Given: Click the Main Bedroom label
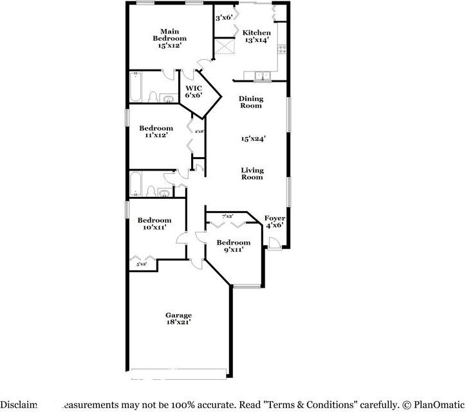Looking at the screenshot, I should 169,39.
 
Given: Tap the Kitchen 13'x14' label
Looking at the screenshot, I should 256,36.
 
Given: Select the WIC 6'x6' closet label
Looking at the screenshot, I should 194,91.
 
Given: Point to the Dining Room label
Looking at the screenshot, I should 250,102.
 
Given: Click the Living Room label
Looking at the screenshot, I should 252,174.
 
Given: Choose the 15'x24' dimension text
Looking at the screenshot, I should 254,138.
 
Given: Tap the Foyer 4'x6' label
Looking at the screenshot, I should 275,221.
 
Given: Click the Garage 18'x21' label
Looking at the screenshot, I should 178,319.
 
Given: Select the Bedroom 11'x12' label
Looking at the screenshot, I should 156,131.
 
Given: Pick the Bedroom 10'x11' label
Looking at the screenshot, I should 154,223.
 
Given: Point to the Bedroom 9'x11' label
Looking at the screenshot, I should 230,246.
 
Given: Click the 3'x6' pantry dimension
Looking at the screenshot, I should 223,17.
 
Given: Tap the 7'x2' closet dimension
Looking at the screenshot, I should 227,216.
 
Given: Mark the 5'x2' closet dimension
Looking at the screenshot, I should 141,264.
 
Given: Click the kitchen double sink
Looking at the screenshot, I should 262,77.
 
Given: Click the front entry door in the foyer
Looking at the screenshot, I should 274,243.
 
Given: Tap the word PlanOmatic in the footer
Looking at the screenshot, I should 436,404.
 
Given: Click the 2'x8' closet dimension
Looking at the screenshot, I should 199,131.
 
